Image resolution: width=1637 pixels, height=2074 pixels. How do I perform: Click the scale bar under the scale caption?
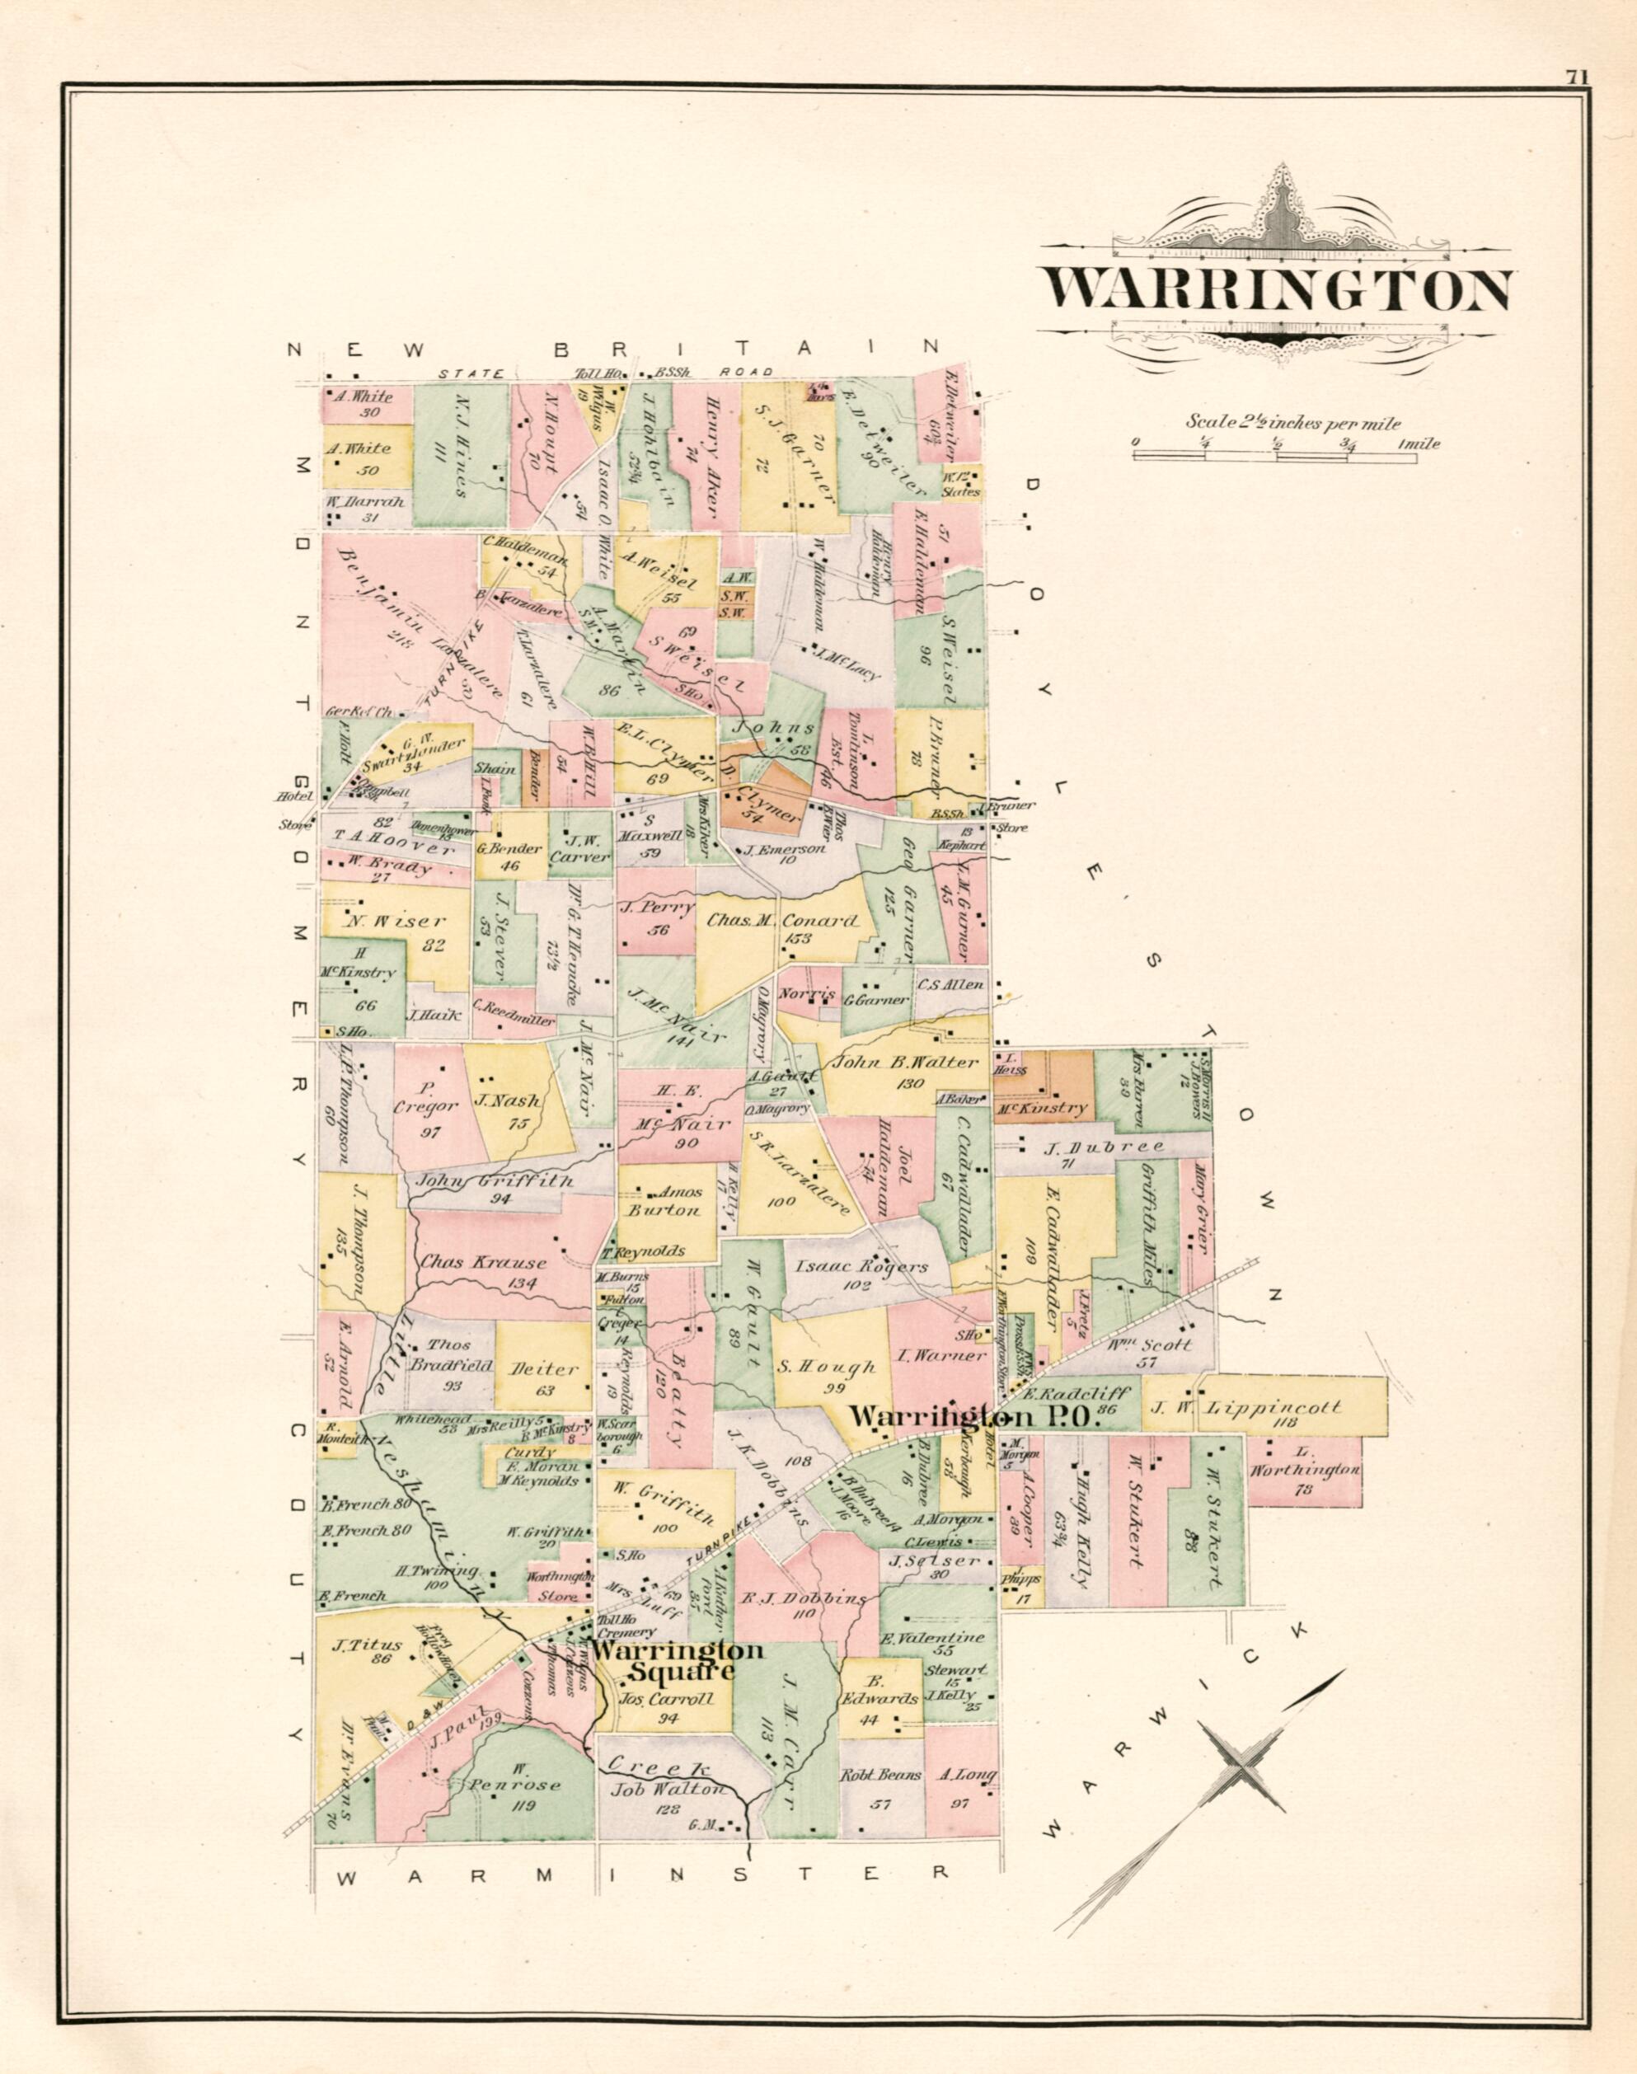pos(1277,458)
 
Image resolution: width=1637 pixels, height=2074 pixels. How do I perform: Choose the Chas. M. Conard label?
pos(782,921)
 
